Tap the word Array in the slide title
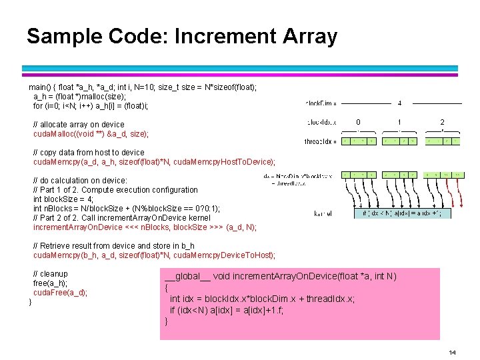[x=309, y=36]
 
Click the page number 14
[x=452, y=352]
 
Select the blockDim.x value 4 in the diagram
[x=399, y=103]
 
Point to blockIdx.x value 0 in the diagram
[x=358, y=122]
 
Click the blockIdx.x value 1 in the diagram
[x=399, y=122]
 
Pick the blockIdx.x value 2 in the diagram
[x=441, y=122]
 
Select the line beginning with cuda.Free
[x=60, y=293]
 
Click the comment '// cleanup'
[x=51, y=274]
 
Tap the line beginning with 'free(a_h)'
[x=50, y=283]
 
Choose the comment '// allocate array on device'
[x=79, y=125]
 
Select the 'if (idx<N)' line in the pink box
[x=227, y=311]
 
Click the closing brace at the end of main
[x=31, y=303]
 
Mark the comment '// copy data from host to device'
[x=89, y=153]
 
